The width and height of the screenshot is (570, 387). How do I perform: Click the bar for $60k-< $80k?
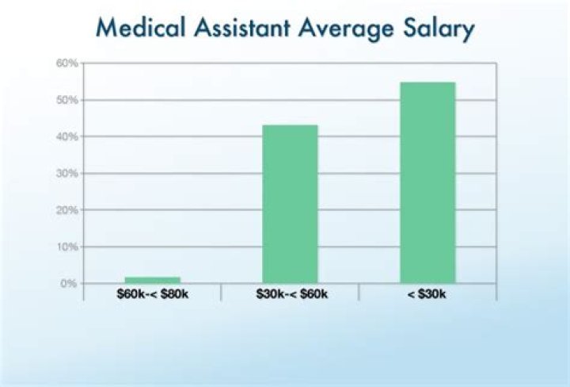(x=153, y=279)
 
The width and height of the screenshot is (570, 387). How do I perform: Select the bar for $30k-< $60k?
(x=290, y=204)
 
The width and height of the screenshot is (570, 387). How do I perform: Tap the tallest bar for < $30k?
(x=427, y=182)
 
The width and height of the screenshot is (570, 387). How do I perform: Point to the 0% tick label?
(x=68, y=283)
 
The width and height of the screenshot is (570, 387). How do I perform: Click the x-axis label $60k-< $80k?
(x=153, y=294)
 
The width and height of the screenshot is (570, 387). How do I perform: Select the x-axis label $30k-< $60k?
(x=291, y=294)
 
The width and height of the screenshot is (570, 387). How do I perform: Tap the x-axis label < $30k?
(x=427, y=294)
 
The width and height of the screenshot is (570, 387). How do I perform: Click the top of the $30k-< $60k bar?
(x=290, y=125)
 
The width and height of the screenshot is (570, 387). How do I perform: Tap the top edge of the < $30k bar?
(x=427, y=82)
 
